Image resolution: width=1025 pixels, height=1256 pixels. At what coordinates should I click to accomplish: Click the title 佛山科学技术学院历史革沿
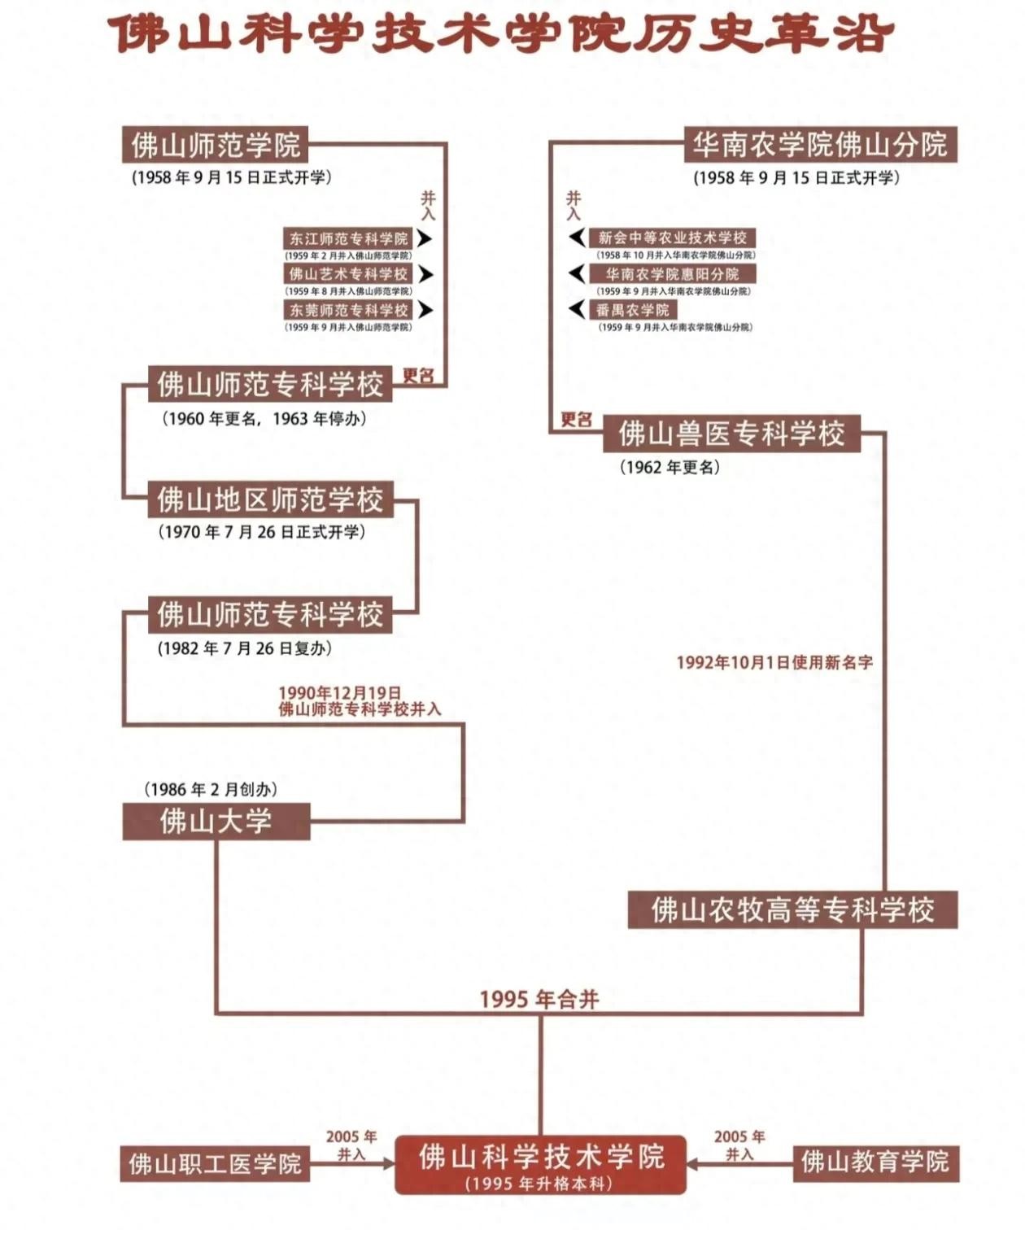click(502, 34)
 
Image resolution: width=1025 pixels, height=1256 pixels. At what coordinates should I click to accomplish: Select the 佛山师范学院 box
click(216, 145)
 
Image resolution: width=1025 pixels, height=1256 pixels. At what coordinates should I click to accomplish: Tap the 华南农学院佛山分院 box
click(820, 145)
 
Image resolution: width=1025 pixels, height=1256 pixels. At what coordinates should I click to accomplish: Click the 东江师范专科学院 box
click(348, 238)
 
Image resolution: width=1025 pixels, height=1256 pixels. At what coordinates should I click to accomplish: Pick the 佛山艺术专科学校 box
click(348, 274)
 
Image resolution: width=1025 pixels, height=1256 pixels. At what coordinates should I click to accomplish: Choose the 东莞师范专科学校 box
click(348, 310)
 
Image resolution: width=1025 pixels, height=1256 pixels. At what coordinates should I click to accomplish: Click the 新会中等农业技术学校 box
click(672, 238)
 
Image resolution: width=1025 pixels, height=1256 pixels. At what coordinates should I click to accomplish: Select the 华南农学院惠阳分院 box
click(672, 274)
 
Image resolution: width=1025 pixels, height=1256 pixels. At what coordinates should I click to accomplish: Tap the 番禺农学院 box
click(632, 310)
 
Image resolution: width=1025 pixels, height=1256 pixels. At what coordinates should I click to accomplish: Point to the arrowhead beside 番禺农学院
click(577, 309)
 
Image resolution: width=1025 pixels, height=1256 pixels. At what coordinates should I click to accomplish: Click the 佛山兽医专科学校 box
click(731, 434)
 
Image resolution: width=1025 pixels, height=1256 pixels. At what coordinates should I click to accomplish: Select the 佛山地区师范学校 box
click(270, 499)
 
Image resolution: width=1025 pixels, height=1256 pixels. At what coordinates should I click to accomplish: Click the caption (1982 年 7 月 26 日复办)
click(244, 648)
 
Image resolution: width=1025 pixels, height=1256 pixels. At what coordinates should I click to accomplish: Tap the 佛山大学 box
click(216, 821)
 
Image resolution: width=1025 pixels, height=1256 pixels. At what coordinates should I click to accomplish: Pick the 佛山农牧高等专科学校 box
click(792, 909)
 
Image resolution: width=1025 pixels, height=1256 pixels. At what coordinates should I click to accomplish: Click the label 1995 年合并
click(539, 999)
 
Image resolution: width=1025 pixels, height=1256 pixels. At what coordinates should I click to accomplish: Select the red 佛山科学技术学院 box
click(541, 1164)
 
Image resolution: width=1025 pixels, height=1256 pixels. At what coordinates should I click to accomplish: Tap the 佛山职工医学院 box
click(215, 1164)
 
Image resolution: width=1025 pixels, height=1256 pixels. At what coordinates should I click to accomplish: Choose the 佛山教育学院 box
click(875, 1162)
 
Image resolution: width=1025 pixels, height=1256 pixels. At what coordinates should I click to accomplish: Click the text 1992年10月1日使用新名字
click(774, 662)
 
